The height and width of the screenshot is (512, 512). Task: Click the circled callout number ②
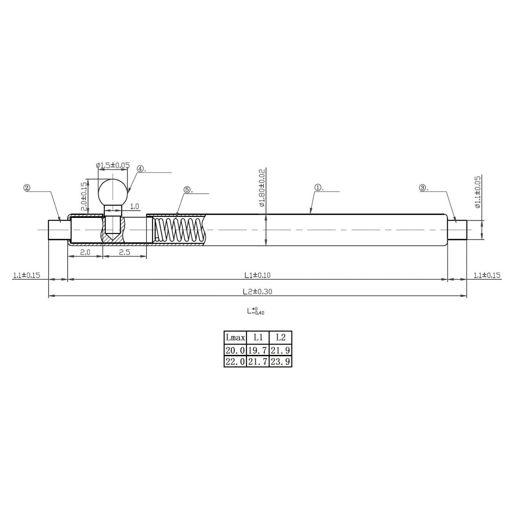(x=27, y=188)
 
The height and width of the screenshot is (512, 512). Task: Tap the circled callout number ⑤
(x=187, y=190)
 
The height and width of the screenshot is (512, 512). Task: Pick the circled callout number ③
(x=423, y=188)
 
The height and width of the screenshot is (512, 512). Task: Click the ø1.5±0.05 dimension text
(x=113, y=166)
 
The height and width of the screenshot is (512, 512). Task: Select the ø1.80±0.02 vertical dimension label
(x=262, y=188)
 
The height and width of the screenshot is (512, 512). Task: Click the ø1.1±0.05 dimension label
(x=478, y=192)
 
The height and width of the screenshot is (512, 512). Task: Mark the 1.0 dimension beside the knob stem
(x=134, y=206)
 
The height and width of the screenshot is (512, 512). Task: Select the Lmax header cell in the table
(x=235, y=338)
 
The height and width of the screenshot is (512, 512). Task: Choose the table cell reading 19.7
(x=258, y=350)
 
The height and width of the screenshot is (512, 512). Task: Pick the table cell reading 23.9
(x=280, y=362)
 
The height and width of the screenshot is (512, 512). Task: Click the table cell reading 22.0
(x=235, y=362)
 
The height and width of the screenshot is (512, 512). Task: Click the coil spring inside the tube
(x=178, y=230)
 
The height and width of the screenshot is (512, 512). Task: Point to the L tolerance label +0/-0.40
(x=256, y=311)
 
